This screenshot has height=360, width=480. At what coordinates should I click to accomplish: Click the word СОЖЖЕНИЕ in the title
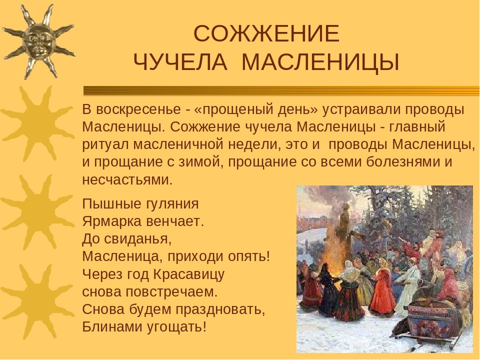[266, 33]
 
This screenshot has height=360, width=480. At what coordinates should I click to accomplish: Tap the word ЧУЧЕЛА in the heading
[180, 62]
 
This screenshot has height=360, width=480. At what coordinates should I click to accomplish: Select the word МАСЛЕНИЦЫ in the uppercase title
[320, 62]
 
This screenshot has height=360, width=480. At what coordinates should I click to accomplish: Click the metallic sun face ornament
[38, 42]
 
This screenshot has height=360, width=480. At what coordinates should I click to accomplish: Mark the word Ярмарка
[111, 221]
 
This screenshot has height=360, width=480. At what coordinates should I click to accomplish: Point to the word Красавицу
[188, 274]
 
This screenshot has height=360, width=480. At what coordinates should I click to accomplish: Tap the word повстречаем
[171, 291]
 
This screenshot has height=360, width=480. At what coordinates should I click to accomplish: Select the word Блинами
[112, 327]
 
